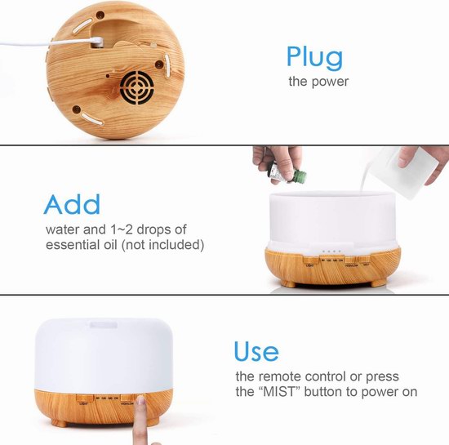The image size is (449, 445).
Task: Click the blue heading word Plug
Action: click(x=314, y=58)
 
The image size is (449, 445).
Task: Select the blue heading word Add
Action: click(x=72, y=204)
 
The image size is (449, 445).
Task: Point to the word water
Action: click(x=62, y=229)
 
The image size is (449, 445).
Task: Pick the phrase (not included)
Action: click(x=163, y=245)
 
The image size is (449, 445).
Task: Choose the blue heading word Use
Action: click(x=256, y=351)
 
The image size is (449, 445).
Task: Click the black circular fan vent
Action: click(x=137, y=87)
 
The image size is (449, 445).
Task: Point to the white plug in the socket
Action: click(x=96, y=42)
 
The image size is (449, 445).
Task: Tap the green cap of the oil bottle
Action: click(x=300, y=176)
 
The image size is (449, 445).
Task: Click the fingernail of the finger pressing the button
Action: click(x=140, y=400)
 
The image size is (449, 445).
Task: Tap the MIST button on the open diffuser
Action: click(x=365, y=260)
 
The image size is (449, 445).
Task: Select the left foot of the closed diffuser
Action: click(x=60, y=423)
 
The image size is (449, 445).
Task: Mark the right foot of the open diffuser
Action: click(x=380, y=283)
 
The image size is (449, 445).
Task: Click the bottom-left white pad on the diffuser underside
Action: click(x=92, y=119)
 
